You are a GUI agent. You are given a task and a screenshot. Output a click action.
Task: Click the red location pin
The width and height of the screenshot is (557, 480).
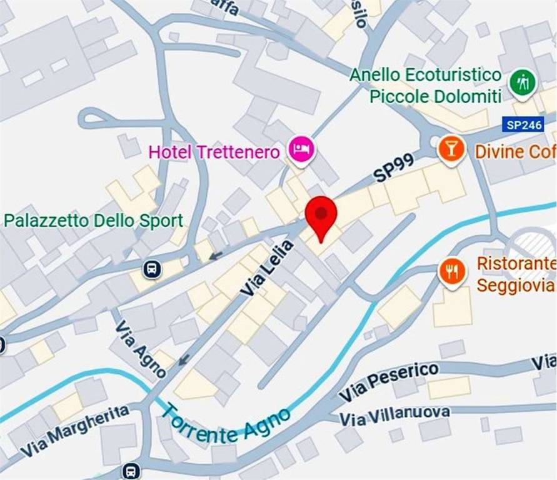tap(321, 216)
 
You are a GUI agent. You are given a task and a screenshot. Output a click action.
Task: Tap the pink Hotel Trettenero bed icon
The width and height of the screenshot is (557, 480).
tap(302, 149)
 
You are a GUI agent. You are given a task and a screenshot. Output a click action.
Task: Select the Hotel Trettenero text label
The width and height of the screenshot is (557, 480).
tap(214, 152)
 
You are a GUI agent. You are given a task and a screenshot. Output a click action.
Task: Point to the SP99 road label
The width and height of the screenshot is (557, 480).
tap(394, 168)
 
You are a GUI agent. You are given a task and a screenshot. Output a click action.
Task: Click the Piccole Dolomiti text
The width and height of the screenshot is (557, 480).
tap(435, 96)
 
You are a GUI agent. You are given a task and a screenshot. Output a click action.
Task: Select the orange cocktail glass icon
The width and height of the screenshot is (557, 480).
tap(451, 149)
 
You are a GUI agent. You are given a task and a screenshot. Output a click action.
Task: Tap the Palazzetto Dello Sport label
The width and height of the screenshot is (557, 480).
tap(94, 221)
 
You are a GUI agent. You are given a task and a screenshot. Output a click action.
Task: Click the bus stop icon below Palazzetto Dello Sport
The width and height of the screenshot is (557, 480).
tap(152, 269)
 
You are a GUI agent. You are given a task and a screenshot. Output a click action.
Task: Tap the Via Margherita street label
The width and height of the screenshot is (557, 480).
tap(75, 431)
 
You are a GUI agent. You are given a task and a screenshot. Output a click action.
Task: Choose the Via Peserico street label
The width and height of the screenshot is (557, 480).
tap(388, 382)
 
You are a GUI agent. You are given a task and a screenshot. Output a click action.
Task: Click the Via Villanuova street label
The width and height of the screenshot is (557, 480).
tap(394, 414)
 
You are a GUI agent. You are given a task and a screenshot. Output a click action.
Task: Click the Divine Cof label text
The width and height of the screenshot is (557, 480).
tap(515, 152)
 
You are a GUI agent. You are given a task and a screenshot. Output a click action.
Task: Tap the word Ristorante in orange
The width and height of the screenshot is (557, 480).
tap(516, 263)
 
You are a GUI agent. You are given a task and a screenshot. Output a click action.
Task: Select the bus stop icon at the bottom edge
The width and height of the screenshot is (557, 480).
tap(131, 471)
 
